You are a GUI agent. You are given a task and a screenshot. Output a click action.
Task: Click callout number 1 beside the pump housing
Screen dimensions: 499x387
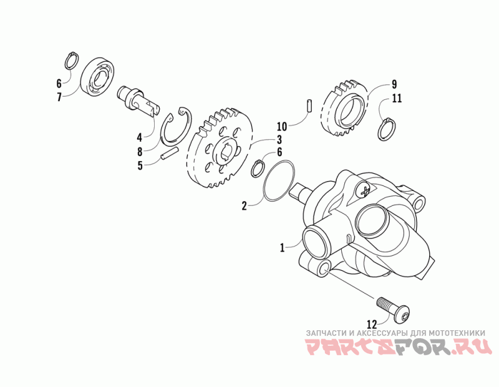[283, 248]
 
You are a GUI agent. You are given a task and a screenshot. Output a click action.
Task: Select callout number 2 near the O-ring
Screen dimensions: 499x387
[245, 204]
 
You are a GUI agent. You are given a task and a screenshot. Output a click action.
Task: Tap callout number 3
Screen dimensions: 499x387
[280, 140]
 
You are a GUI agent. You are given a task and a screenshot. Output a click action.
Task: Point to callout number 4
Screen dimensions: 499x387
[140, 136]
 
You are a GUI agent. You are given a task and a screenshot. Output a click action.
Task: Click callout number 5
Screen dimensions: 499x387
[140, 165]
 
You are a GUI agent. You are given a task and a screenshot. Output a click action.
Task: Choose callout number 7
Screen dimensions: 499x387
[59, 97]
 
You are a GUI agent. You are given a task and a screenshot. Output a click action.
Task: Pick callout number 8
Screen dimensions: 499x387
[140, 151]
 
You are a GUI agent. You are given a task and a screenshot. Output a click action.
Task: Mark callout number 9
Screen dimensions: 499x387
[394, 84]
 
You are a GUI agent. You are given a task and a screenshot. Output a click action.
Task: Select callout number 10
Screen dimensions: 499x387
[281, 125]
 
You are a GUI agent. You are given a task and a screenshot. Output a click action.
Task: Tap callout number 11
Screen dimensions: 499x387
[397, 99]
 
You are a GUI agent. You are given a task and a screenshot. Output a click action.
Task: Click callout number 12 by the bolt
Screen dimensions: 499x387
[372, 324]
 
